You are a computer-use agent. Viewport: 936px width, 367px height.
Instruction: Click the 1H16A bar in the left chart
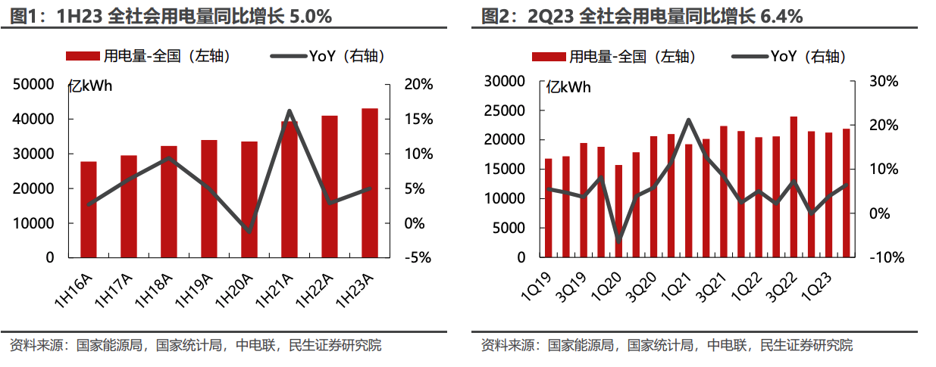pos(88,210)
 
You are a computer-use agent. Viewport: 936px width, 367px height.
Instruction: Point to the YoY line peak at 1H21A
pos(290,111)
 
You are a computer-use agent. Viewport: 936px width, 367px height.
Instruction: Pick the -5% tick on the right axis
pos(417,257)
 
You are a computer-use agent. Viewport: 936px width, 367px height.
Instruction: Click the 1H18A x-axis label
pos(151,291)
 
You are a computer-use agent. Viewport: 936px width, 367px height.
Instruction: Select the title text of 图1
pos(171,15)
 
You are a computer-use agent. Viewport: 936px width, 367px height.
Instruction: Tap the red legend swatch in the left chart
pos(82,56)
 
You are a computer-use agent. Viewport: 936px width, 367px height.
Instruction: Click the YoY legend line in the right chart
pos(749,56)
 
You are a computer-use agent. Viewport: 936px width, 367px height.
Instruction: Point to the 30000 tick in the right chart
pos(503,81)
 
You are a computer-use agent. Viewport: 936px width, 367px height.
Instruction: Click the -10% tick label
pos(886,257)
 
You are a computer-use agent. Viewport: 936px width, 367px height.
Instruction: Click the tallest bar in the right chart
pos(794,187)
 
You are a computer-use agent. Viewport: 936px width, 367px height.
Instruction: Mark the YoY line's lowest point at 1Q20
pos(618,241)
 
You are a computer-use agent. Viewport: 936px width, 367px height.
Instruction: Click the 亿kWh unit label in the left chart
pos(90,86)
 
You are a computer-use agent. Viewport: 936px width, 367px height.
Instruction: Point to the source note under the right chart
pos(666,345)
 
